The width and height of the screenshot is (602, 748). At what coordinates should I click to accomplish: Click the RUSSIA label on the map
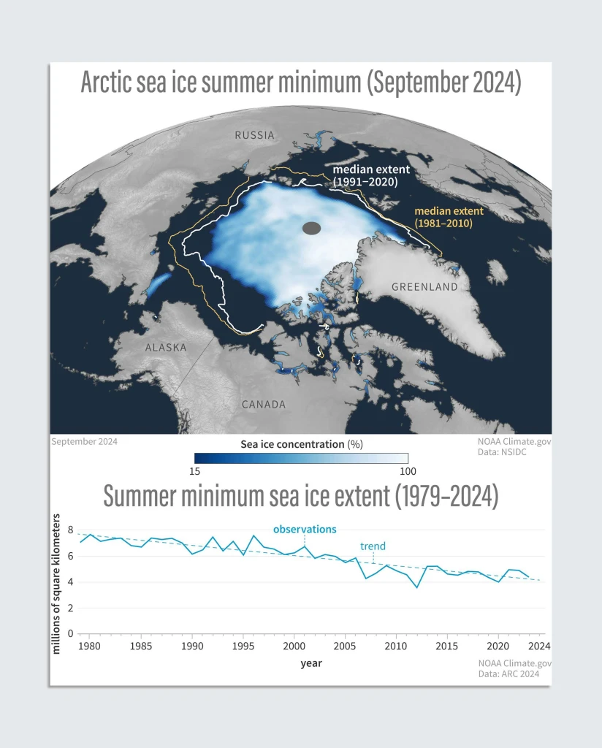coord(254,135)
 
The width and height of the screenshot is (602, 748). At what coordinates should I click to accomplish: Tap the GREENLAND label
coord(424,287)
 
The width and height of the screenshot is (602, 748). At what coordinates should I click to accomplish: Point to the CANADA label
coord(264,404)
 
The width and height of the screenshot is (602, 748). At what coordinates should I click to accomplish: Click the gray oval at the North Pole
coord(312,228)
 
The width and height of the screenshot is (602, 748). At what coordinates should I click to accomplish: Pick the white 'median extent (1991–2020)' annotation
coord(365,176)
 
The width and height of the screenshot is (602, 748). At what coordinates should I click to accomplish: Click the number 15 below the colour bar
coord(195,472)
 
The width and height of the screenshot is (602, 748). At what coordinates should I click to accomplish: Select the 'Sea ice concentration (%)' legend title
coord(301,443)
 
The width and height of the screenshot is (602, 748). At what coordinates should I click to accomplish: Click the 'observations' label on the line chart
coord(305,529)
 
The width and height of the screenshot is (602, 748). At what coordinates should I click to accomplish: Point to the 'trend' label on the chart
coord(373,546)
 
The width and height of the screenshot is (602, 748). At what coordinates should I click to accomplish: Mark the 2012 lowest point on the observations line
coord(417,587)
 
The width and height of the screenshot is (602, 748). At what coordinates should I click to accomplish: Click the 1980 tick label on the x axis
coord(89,647)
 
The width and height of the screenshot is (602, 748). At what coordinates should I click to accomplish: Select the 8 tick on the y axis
coord(70,530)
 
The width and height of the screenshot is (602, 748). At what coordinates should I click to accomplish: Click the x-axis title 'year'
coord(311,663)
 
